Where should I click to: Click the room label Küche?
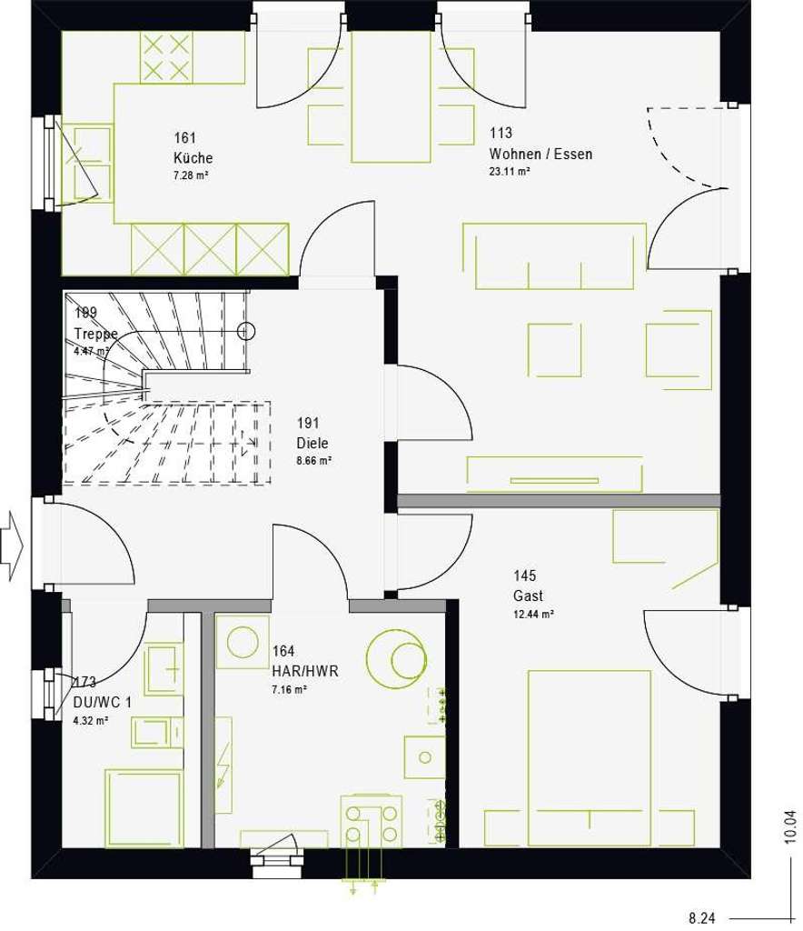coord(193,155)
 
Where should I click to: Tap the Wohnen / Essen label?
coord(540,154)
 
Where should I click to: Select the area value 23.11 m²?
coord(509,170)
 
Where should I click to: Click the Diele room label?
coord(312,444)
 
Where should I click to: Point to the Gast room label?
coord(528,596)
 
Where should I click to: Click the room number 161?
coord(185,137)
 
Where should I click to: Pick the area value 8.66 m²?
coord(312,461)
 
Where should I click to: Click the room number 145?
coord(525,575)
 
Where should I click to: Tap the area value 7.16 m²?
coord(289,690)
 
